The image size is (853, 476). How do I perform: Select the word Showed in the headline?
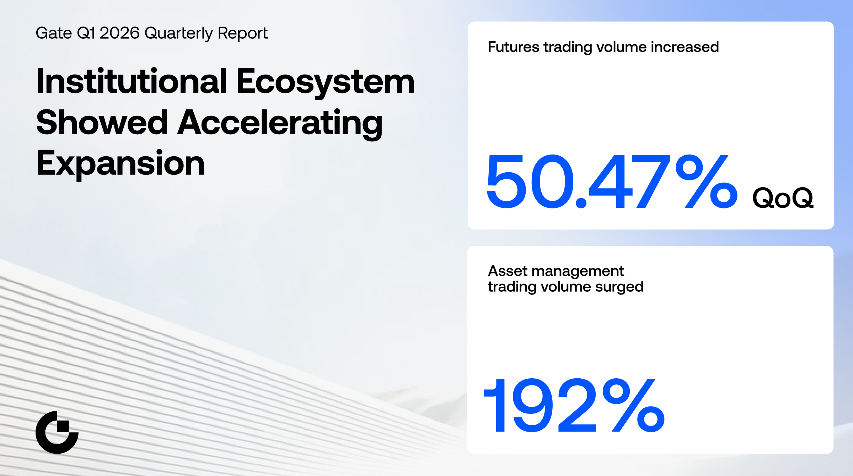(102, 122)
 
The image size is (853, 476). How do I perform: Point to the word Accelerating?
(280, 124)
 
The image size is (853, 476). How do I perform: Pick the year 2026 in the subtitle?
(119, 33)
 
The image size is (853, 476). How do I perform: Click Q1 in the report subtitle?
(86, 33)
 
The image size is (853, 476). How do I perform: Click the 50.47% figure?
(612, 182)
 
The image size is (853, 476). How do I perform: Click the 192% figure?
(574, 405)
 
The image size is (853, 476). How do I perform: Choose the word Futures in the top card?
(514, 47)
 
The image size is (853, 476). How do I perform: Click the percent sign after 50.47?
(707, 182)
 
